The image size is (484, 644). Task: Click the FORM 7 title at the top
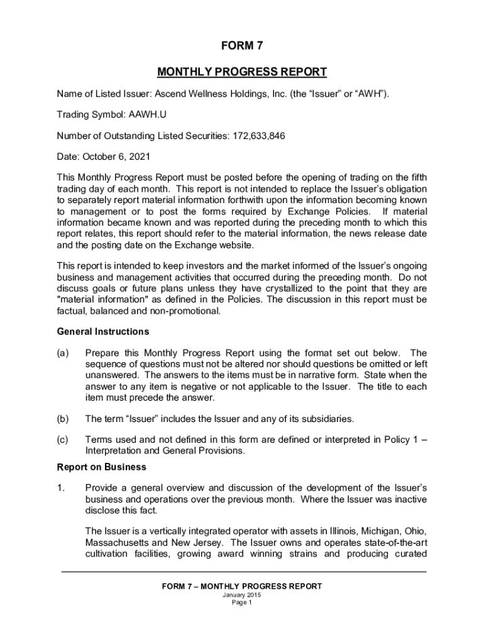point(241,46)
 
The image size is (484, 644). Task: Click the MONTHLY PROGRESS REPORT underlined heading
point(241,72)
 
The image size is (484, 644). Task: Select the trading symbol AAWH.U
point(148,115)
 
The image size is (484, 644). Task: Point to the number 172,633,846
point(249,136)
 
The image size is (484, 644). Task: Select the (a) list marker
point(63,353)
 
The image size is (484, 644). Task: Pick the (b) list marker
point(63,418)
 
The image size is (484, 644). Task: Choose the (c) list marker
point(63,440)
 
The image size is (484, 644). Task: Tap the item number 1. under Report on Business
point(61,488)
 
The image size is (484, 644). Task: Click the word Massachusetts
point(116,542)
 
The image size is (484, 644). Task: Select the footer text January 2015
point(241,595)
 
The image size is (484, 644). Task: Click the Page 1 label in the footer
point(241,602)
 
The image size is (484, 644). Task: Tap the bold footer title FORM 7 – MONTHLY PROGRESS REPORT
point(241,586)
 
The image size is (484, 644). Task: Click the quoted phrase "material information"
point(96,299)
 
